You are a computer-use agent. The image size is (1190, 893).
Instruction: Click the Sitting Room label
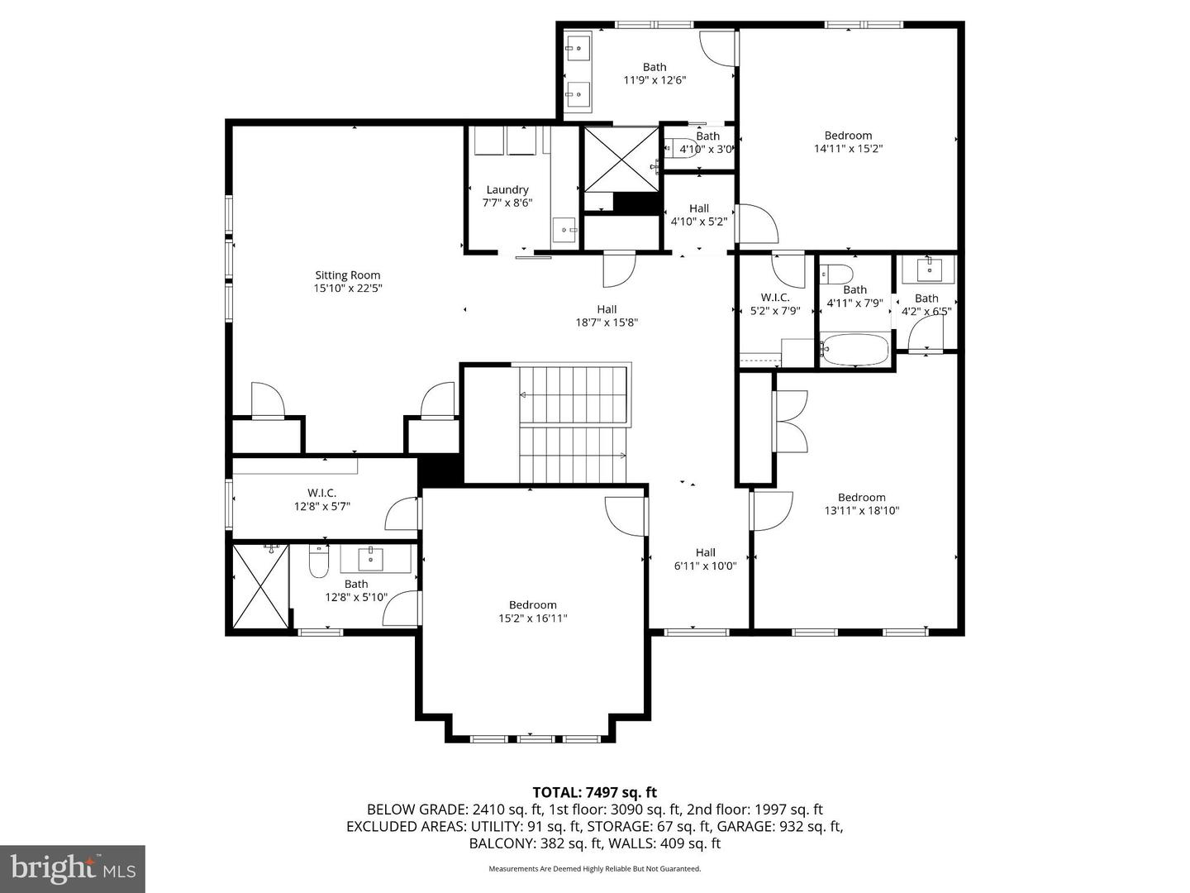coord(347,275)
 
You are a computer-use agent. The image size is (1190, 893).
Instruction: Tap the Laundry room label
coord(507,189)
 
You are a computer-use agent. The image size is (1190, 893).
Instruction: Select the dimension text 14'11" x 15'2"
coord(848,149)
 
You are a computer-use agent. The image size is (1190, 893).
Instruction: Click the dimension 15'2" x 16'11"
coord(532,618)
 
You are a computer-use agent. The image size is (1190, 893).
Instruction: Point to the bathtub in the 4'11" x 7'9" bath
coord(855,349)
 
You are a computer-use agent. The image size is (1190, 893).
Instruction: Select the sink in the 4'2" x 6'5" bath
coord(930,269)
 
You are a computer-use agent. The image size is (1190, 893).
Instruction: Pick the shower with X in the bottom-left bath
coord(260,585)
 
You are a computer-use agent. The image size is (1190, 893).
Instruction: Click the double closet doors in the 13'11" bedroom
coord(791,421)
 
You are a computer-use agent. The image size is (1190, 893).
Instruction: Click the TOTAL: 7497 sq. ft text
coord(594,793)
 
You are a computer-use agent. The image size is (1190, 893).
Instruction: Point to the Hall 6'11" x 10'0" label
coord(705,559)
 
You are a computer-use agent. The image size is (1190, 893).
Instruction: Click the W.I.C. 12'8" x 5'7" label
coord(321,499)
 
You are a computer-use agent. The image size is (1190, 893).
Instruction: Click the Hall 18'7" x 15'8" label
coord(607,316)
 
